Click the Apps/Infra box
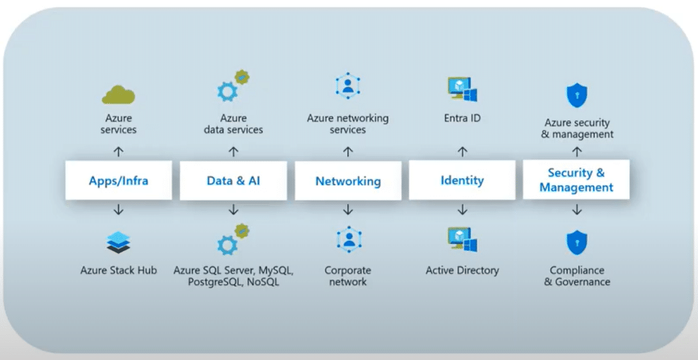pyautogui.click(x=119, y=181)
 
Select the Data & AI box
pyautogui.click(x=233, y=181)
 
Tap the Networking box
pyautogui.click(x=348, y=181)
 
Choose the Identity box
pyautogui.click(x=462, y=181)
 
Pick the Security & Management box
pyautogui.click(x=576, y=180)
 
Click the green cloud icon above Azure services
pyautogui.click(x=119, y=94)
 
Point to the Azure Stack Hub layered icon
pyautogui.click(x=119, y=242)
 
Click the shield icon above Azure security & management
pyautogui.click(x=577, y=95)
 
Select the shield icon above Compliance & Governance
pyautogui.click(x=577, y=243)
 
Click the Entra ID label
pyautogui.click(x=462, y=118)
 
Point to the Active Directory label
pyautogui.click(x=462, y=271)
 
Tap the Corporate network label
pyautogui.click(x=348, y=276)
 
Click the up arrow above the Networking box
pyautogui.click(x=348, y=151)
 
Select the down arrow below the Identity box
pyautogui.click(x=462, y=210)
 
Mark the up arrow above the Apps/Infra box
pyautogui.click(x=119, y=151)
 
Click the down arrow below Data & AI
pyautogui.click(x=233, y=210)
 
